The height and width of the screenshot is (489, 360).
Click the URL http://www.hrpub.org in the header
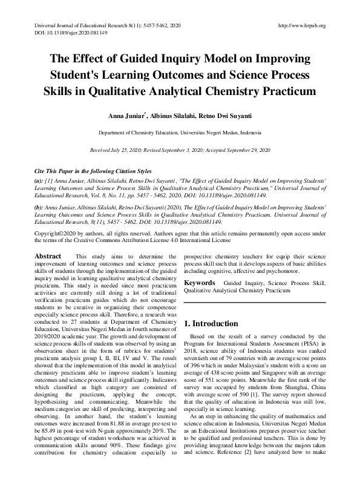[x=301, y=25]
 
